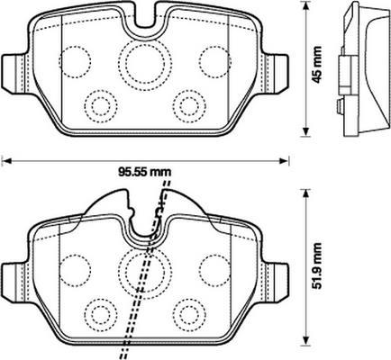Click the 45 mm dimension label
point(316,64)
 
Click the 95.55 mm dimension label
point(144,172)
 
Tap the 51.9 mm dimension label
point(316,265)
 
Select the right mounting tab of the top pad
point(275,73)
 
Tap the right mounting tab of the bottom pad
point(275,282)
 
